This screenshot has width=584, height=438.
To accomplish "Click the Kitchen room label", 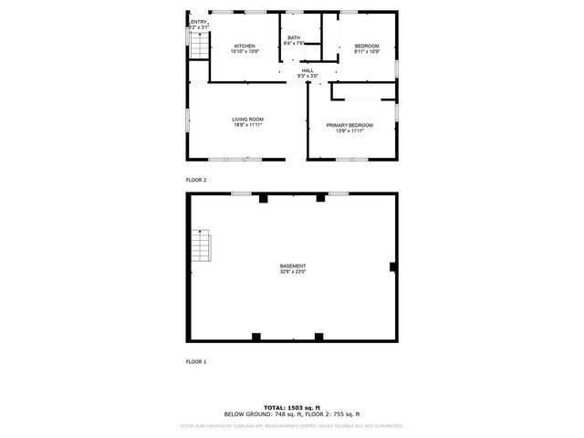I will click(245, 46).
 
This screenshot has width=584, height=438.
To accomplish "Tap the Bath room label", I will click(293, 37).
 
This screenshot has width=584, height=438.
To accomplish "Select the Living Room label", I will click(246, 119).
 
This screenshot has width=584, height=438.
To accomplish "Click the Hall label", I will click(308, 70).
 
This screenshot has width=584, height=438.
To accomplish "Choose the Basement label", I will click(293, 266).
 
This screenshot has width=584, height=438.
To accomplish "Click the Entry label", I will click(199, 22).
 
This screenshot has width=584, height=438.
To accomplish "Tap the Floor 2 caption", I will click(196, 180).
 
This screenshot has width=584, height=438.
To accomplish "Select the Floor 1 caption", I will click(196, 361).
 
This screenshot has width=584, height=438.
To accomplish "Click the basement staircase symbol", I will click(202, 245).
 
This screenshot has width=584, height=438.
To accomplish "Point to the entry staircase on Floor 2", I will click(198, 47).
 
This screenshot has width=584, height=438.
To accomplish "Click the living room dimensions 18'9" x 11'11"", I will click(246, 125).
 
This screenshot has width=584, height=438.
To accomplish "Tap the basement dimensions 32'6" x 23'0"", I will click(293, 271).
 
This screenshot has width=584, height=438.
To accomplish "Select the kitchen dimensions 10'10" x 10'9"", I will click(245, 51).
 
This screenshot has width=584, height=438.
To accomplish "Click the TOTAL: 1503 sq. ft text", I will click(293, 407).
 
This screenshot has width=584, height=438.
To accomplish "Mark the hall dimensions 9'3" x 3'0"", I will click(308, 76).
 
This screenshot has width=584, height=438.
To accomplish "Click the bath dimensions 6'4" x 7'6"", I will click(293, 43).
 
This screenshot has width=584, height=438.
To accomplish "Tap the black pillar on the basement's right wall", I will click(392, 266).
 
